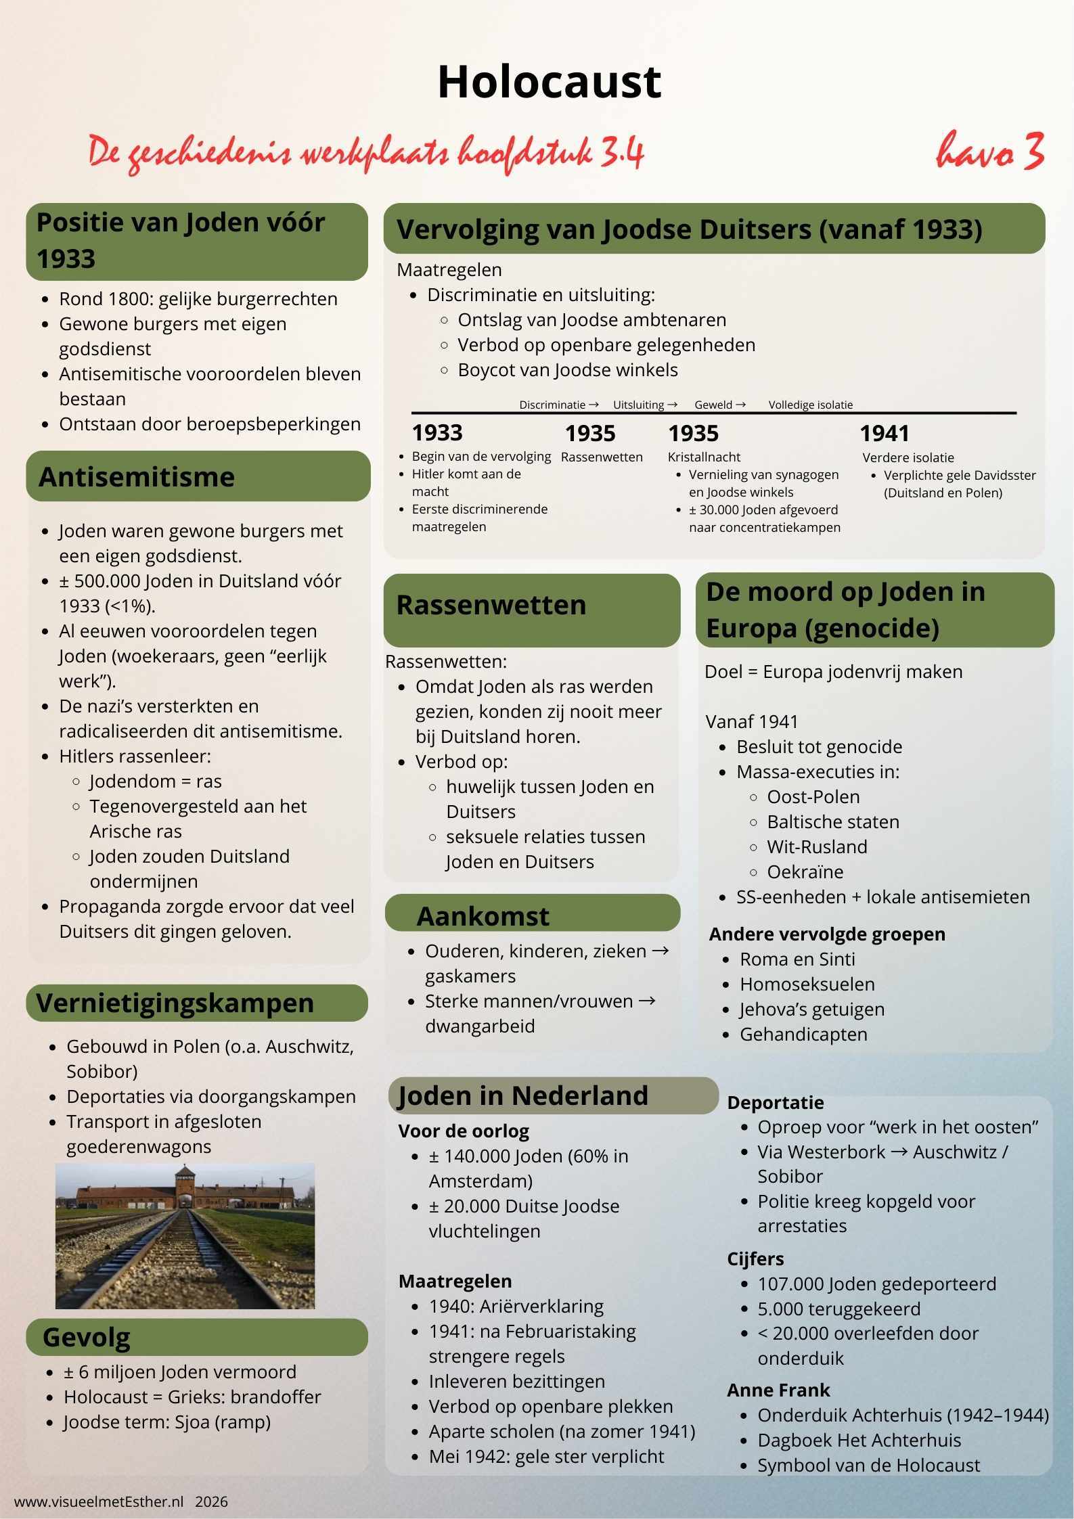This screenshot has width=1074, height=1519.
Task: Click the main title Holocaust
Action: pyautogui.click(x=549, y=83)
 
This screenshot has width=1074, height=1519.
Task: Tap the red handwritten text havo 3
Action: pyautogui.click(x=989, y=152)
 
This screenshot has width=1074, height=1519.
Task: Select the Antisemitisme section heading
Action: pyautogui.click(x=137, y=477)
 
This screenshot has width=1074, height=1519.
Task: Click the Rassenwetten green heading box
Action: pyautogui.click(x=531, y=609)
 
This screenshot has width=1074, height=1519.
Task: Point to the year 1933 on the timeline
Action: pyautogui.click(x=437, y=433)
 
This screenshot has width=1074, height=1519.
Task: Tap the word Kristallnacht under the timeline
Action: pyautogui.click(x=704, y=457)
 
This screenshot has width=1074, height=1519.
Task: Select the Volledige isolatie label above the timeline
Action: pyautogui.click(x=810, y=405)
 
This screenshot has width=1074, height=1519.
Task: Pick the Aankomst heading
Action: pyautogui.click(x=483, y=916)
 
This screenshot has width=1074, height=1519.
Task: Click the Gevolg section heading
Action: pyautogui.click(x=86, y=1337)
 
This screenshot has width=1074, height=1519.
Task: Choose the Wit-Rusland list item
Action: pyautogui.click(x=817, y=847)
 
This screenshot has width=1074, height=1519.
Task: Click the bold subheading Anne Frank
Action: pyautogui.click(x=778, y=1390)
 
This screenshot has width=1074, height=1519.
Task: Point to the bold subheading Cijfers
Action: pyautogui.click(x=755, y=1259)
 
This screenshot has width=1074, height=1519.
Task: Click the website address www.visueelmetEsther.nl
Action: pyautogui.click(x=99, y=1501)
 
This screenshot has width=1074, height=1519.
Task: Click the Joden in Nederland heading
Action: pyautogui.click(x=523, y=1095)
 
